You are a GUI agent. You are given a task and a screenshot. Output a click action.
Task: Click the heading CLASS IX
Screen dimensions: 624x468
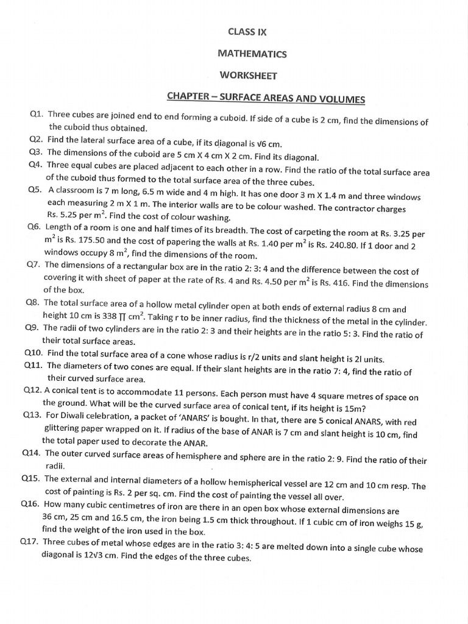tap(247, 32)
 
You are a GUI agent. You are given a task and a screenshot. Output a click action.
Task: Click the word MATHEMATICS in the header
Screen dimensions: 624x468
tap(252, 54)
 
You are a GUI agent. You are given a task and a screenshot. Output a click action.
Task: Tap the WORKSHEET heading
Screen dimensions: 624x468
tap(249, 76)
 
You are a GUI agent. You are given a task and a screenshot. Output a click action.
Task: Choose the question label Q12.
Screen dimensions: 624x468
tap(32, 391)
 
